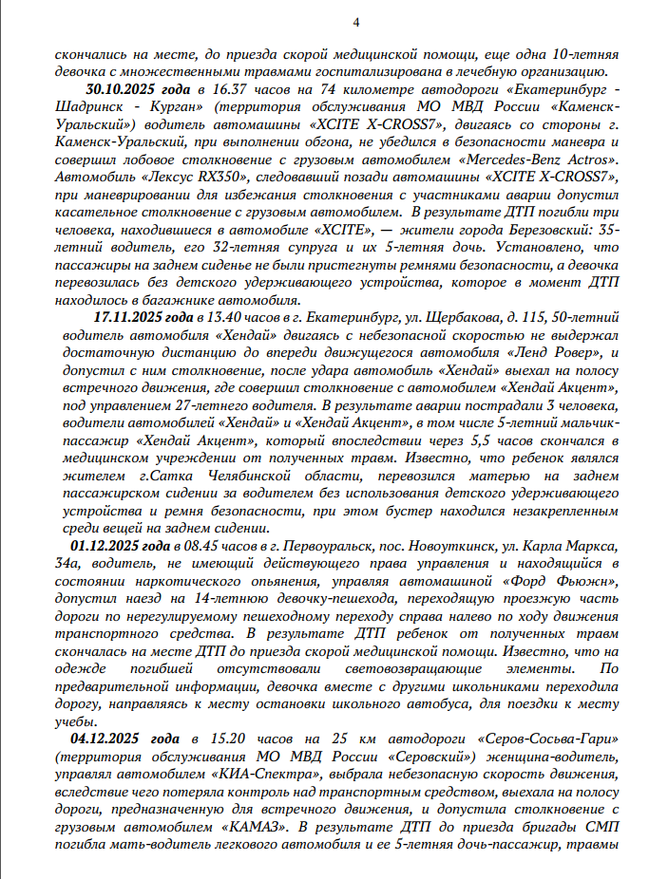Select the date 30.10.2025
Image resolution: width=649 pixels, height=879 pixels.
(x=119, y=89)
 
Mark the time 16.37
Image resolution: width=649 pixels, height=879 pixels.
(x=210, y=89)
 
